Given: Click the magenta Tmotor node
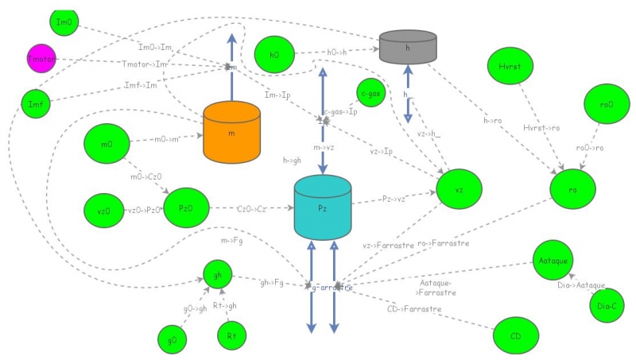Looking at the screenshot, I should click(41, 59).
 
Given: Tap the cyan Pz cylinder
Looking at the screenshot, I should click(323, 208).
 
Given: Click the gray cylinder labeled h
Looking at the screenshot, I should click(408, 48).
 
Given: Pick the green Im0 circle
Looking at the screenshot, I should click(64, 23).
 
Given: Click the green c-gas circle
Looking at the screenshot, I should click(371, 94).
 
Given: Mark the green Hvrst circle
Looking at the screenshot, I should click(510, 69).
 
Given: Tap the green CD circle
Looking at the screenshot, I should click(515, 335).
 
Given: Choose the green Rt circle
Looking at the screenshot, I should click(231, 335).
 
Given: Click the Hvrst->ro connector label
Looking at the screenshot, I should click(541, 127).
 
